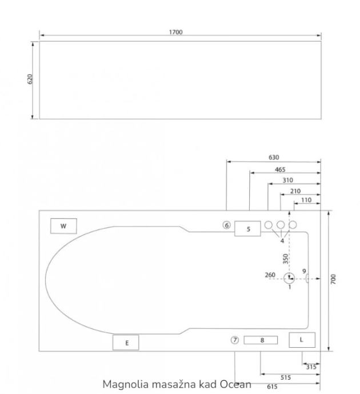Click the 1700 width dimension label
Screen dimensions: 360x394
(175, 32)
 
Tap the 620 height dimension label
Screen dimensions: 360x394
(30, 79)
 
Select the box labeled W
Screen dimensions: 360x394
(63, 226)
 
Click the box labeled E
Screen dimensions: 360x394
(126, 343)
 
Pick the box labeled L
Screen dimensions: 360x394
(302, 340)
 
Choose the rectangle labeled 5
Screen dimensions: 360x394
(247, 228)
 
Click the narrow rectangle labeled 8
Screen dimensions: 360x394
(261, 340)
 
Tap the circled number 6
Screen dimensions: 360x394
(226, 225)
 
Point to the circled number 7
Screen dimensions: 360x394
(234, 340)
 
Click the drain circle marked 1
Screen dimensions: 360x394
(289, 278)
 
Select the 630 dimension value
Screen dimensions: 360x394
(274, 157)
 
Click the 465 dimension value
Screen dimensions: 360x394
(280, 170)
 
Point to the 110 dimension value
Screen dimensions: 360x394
(306, 200)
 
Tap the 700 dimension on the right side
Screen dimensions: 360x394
(333, 279)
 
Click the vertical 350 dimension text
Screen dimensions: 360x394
(285, 259)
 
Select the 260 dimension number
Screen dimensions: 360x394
(270, 275)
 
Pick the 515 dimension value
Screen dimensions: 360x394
(286, 377)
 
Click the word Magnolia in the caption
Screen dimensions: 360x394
(126, 385)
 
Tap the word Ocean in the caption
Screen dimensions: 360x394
(235, 384)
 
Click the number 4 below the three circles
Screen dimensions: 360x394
(282, 241)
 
